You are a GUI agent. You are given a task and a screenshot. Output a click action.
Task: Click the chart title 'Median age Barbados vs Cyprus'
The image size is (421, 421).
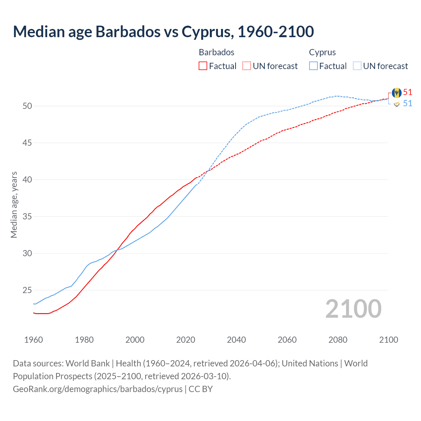[163, 32]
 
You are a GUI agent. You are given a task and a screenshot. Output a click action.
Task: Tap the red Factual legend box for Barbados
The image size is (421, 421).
[203, 66]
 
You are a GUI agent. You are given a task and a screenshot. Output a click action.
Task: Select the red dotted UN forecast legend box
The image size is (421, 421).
[247, 66]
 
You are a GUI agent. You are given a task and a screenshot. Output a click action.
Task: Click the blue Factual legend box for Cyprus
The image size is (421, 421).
[313, 66]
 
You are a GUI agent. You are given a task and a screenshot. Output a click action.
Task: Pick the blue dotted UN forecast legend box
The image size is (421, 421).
[357, 66]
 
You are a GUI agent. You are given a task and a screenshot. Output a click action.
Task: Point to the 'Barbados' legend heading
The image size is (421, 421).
[216, 52]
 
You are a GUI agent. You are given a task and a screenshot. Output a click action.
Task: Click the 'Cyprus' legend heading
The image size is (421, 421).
[322, 52]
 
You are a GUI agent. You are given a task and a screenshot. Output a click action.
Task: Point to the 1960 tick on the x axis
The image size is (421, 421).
[34, 340]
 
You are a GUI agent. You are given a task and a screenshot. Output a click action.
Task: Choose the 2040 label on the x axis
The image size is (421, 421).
[236, 340]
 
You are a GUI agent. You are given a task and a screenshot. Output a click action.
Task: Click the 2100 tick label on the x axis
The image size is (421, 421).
[388, 340]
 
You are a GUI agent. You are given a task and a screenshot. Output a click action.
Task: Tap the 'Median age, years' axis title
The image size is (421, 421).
[14, 205]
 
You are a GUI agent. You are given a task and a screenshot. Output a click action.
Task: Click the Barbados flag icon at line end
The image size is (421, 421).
[397, 93]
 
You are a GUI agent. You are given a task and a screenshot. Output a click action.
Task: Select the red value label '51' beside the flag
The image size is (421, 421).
[408, 92]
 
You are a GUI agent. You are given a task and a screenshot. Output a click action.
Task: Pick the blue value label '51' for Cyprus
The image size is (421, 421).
[408, 104]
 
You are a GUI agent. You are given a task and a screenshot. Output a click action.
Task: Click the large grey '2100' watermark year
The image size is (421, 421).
[353, 309]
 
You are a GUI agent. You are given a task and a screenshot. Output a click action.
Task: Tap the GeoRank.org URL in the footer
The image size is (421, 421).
[98, 389]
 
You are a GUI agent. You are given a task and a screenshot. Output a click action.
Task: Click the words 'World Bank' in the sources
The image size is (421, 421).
[87, 363]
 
